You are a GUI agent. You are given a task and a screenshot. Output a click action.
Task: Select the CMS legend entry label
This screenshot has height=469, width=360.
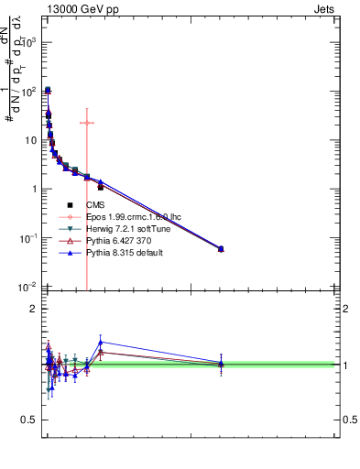[96, 204]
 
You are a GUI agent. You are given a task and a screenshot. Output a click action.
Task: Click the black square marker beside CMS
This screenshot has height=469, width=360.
[69, 204]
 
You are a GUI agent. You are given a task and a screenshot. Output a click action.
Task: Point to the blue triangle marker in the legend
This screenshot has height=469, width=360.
[69, 252]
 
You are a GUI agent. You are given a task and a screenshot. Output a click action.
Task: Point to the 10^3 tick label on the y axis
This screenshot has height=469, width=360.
[29, 43]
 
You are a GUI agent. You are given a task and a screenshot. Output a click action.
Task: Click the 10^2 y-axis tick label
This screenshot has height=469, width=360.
[29, 92]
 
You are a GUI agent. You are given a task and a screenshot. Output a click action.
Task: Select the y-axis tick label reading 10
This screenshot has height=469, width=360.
[31, 140]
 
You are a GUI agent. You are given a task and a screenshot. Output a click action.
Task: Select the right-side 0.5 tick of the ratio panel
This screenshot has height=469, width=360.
[350, 420]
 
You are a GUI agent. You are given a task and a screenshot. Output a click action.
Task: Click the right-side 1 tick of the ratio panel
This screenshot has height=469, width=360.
[344, 365]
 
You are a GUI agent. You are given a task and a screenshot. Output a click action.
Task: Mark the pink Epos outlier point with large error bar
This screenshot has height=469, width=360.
[87, 123]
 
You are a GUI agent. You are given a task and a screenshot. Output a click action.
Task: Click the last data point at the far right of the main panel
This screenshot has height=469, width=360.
[221, 248]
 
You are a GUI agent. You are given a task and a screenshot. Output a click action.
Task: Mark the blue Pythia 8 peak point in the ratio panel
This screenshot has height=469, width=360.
[101, 342]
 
